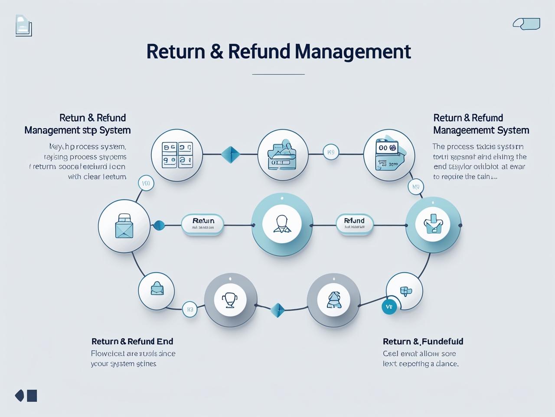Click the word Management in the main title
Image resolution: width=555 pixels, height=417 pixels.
353,52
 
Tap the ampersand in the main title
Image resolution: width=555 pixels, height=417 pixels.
216,52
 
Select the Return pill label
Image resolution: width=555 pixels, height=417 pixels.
202,224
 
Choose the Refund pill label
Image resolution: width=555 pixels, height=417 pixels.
355,224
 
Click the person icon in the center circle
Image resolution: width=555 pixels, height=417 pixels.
282,224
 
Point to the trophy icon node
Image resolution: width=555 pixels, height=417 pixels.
230,300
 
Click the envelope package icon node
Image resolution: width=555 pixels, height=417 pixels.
124,226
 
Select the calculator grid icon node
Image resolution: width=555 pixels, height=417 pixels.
177,155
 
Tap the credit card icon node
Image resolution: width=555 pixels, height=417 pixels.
388,155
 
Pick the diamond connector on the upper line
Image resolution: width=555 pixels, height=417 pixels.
230,154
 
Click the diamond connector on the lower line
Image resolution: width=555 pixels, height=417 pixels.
277,310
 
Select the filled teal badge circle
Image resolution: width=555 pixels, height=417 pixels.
389,307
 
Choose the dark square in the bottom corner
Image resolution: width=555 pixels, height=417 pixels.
32,396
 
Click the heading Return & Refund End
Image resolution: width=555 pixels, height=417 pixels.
132,341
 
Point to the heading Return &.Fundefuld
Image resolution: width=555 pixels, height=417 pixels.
423,341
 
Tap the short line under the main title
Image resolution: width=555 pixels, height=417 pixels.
278,74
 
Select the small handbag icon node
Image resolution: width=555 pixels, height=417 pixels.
157,290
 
